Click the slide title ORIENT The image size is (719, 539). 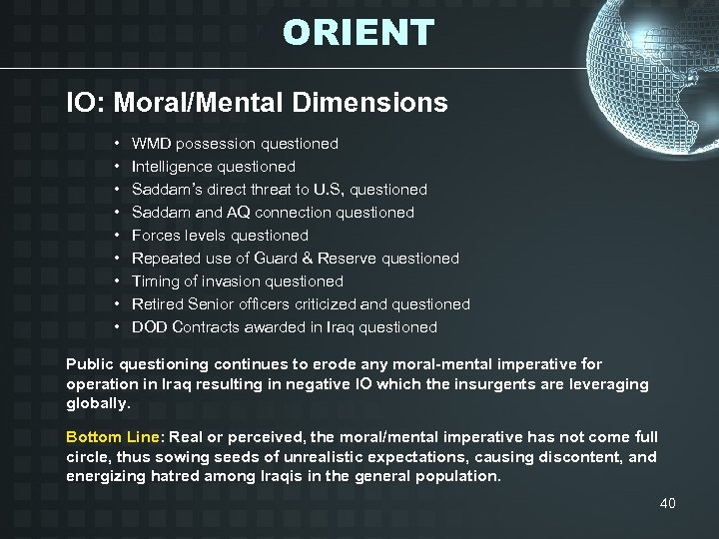click(359, 32)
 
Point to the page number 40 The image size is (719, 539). click(667, 503)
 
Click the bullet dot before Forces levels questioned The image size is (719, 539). click(118, 236)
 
